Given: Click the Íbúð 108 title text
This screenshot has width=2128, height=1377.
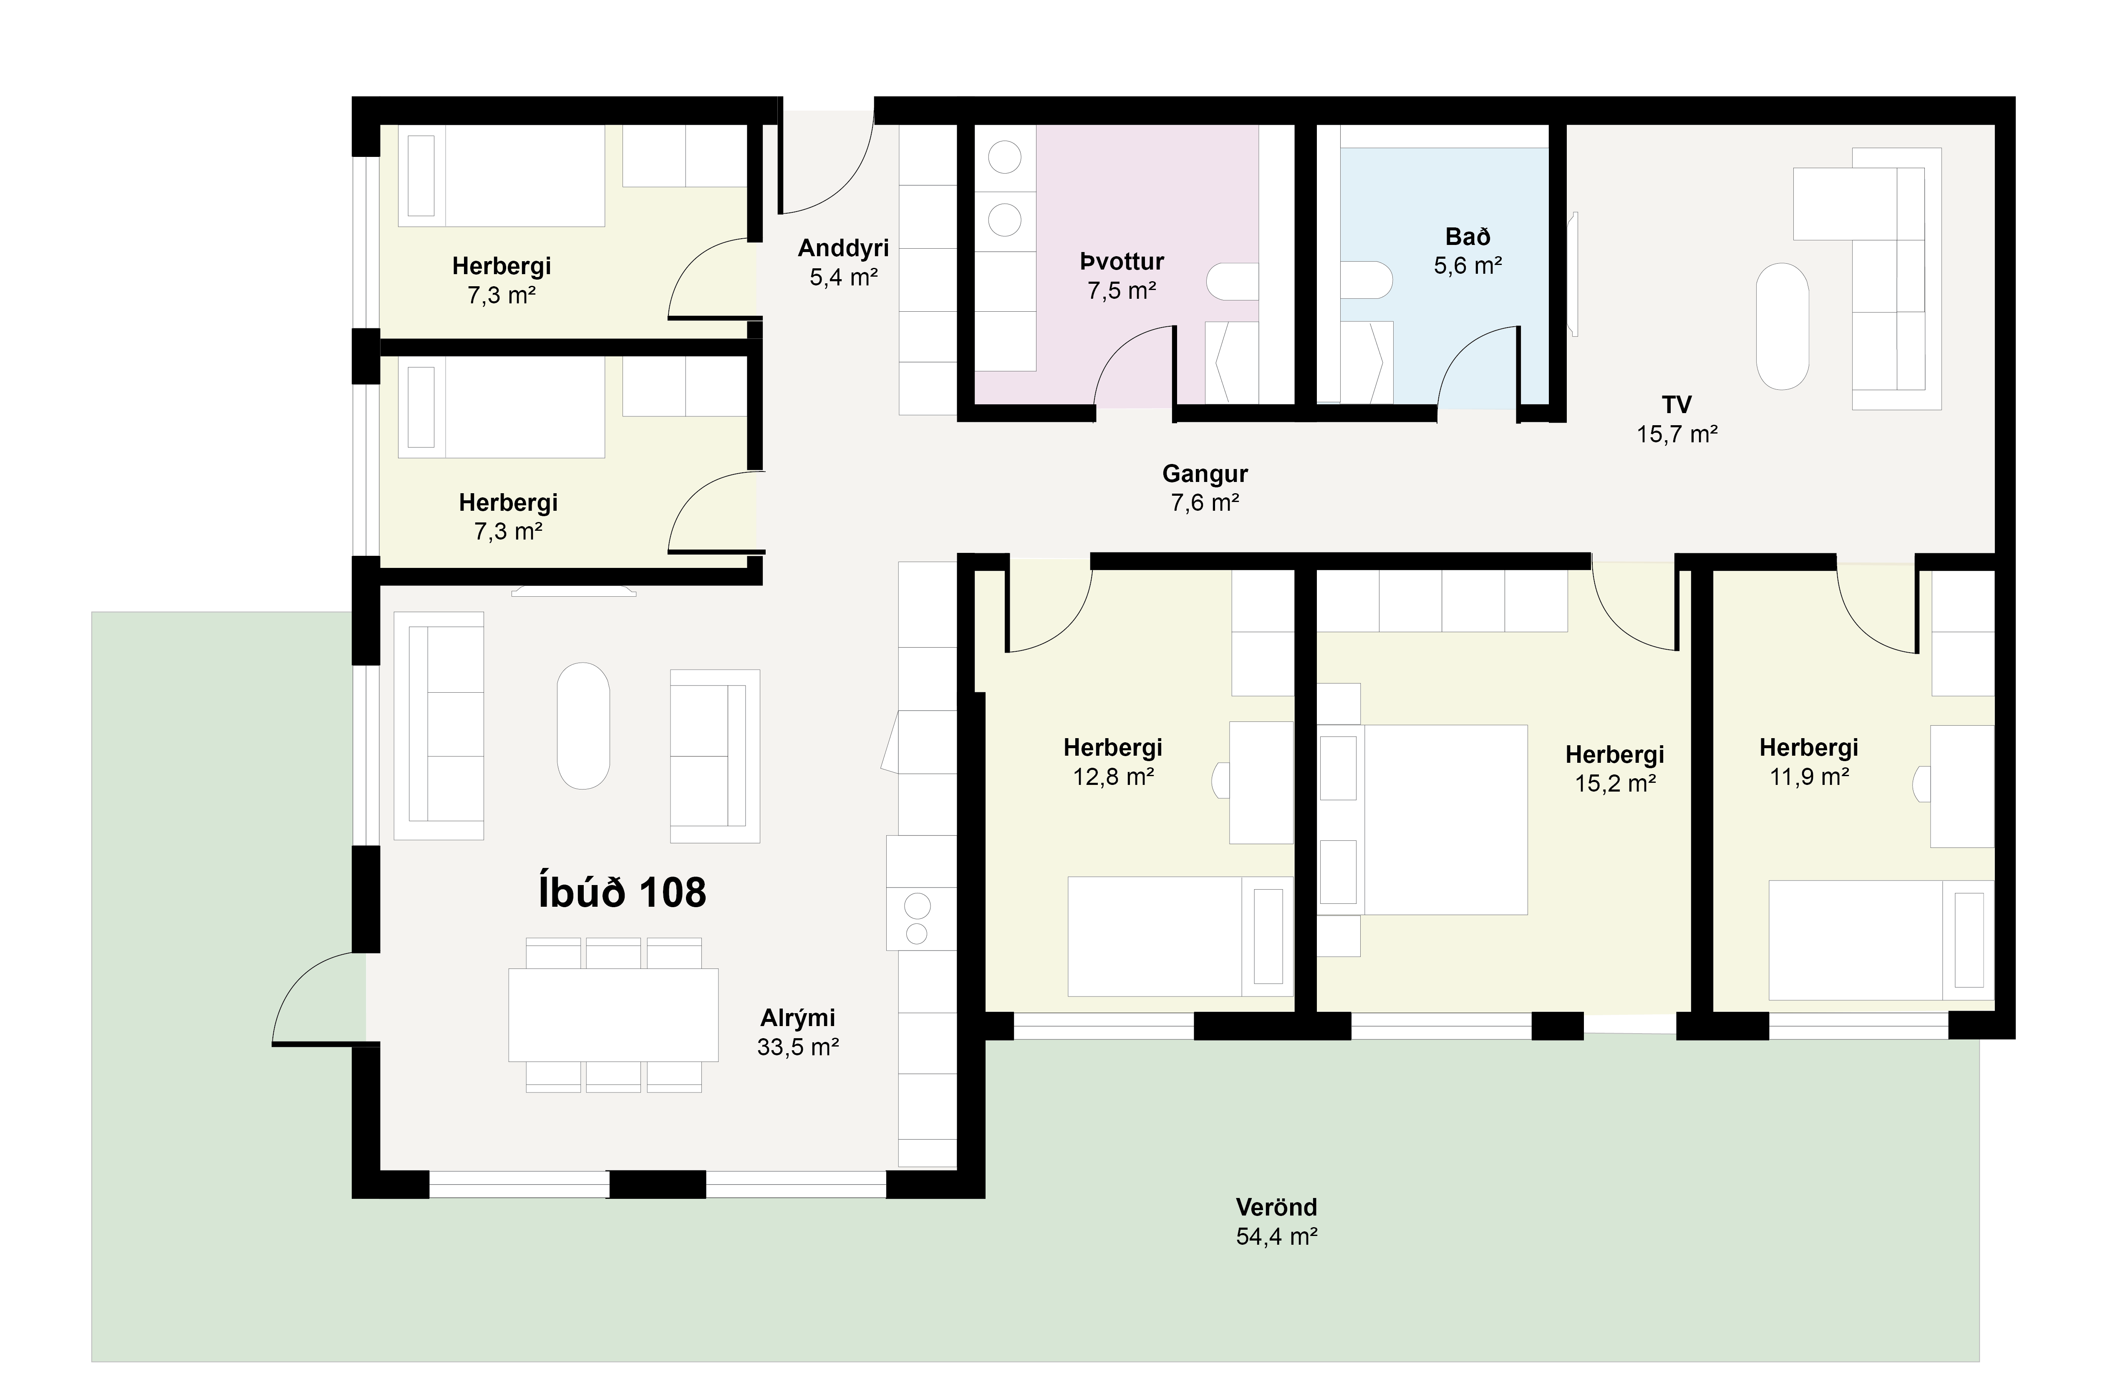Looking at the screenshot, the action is [622, 893].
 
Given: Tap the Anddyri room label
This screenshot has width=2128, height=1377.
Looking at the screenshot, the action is [843, 248].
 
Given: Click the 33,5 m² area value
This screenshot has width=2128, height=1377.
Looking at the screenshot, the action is [797, 1047].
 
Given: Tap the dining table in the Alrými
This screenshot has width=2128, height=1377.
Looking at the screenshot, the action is [613, 1015].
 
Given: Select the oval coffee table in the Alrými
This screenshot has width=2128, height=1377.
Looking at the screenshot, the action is [583, 726].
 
